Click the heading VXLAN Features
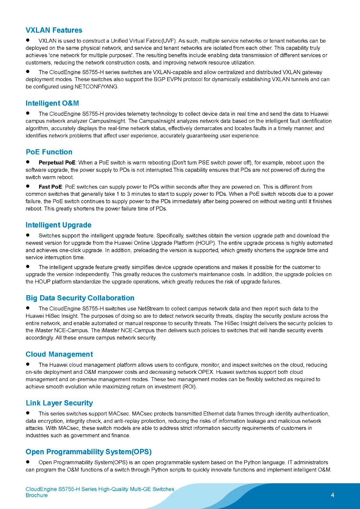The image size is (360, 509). tap(54, 30)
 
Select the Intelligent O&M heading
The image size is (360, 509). tap(52, 103)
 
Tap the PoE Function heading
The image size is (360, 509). tap(49, 152)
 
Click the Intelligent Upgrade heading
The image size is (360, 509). tap(59, 225)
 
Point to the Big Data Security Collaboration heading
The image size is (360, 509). tap(80, 298)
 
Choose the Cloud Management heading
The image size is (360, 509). tap(59, 354)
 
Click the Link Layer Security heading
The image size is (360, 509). tap(59, 403)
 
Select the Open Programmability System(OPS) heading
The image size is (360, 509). tap(88, 451)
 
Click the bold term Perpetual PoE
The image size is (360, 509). tap(57, 163)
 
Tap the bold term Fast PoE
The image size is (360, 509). tap(50, 187)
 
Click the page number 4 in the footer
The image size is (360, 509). tap(333, 495)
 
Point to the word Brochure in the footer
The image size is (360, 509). tap(37, 495)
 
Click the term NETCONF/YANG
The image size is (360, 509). tap(96, 87)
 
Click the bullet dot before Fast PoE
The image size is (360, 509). tap(28, 186)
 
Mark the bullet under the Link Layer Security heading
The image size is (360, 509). tap(28, 413)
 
